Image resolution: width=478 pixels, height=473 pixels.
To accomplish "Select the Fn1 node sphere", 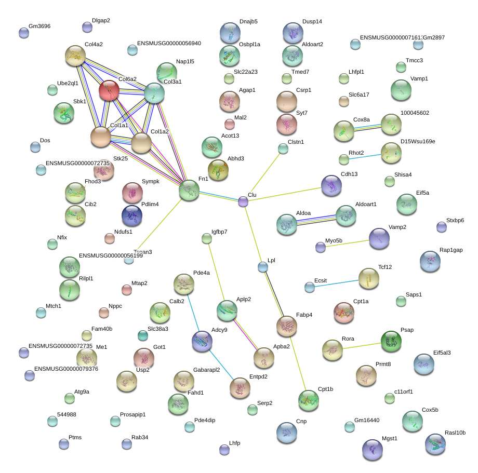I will point(189,191).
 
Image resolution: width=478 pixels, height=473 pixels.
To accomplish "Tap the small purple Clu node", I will point(243,201).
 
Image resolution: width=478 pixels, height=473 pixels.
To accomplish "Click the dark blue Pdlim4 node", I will point(131,215).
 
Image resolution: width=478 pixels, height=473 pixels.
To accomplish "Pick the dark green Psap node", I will point(391,341).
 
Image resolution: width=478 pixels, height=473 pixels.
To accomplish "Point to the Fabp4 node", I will point(287,326).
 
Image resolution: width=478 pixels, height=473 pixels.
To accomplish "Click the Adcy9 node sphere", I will point(202,341).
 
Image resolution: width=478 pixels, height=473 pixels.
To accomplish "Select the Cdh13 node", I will point(331,186).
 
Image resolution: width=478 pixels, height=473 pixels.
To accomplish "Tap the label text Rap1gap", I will point(451,250).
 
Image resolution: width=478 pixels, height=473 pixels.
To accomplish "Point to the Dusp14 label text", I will point(312,22).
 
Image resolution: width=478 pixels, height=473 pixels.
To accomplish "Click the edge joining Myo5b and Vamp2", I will point(348,243).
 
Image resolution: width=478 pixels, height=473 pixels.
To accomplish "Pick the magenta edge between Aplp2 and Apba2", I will point(245,334).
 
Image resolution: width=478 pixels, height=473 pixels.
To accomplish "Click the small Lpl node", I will point(263,267).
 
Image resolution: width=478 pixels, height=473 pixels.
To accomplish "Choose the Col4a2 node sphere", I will point(75,56).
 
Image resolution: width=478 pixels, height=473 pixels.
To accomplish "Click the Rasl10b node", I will point(435,444).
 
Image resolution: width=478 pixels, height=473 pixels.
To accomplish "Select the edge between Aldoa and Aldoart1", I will point(316,220).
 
